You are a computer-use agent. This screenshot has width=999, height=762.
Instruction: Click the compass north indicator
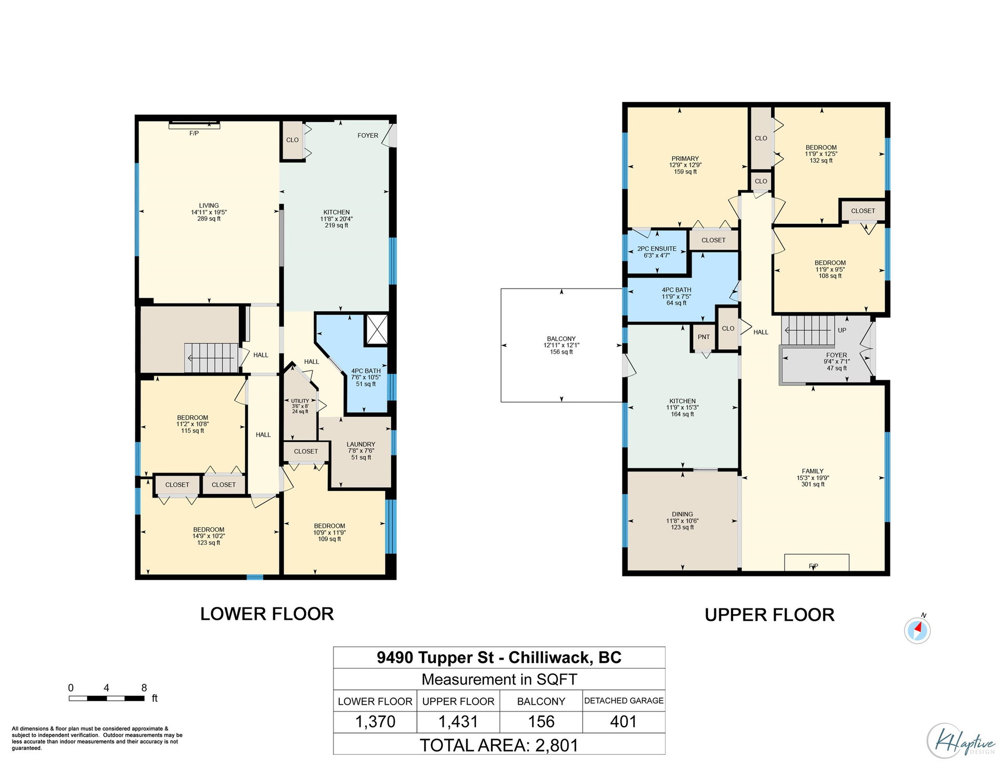[917, 630]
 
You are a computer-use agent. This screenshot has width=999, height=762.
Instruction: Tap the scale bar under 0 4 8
[107, 698]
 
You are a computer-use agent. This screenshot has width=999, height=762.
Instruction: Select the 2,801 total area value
[557, 745]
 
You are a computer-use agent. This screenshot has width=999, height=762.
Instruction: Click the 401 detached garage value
[623, 721]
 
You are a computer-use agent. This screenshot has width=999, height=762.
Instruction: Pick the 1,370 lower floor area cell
[375, 722]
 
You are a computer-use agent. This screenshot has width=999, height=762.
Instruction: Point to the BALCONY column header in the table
[541, 701]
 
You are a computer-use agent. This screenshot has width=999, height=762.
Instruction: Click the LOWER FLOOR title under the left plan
[267, 614]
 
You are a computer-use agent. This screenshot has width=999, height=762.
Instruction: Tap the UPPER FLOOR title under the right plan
[770, 615]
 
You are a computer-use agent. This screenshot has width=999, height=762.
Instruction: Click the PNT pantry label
[703, 337]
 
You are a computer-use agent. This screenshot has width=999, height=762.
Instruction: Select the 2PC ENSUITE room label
[657, 249]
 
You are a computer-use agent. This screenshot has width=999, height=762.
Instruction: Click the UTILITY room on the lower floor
[300, 406]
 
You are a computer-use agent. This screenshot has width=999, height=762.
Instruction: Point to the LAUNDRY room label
[361, 444]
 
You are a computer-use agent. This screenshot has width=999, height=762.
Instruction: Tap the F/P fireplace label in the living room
[194, 133]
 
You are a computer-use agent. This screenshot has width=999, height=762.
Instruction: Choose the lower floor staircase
[211, 358]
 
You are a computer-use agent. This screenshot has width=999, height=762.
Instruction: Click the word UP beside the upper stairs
[842, 330]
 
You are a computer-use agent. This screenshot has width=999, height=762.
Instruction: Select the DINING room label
[682, 514]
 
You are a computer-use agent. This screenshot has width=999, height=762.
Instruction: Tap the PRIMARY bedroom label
[685, 158]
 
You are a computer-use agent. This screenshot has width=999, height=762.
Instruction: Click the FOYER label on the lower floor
[368, 135]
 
